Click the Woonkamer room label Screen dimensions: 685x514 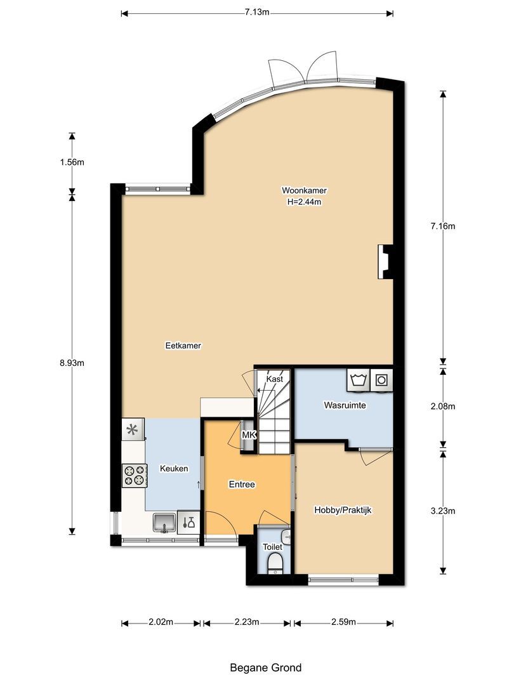pos(304,190)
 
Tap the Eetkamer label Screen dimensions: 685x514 pos(178,346)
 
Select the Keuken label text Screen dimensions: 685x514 pos(173,469)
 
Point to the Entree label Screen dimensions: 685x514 pos(241,484)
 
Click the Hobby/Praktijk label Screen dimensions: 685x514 pos(343,509)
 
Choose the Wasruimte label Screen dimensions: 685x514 pos(345,405)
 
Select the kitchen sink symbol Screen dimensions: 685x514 pos(165,522)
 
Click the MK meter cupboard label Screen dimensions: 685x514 pos(249,435)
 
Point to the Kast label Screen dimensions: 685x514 pos(275,379)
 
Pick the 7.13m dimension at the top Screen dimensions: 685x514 pos(257,12)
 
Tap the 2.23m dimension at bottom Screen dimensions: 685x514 pos(246,622)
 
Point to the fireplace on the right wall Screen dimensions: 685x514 pos(385,261)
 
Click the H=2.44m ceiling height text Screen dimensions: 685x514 pos(304,202)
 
